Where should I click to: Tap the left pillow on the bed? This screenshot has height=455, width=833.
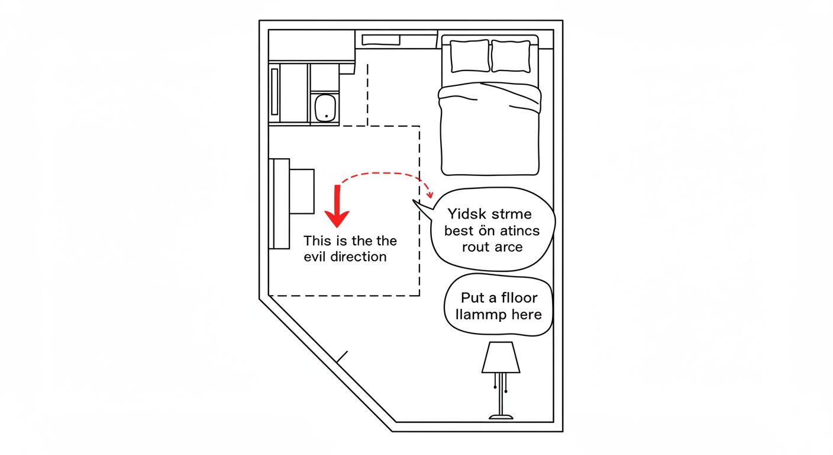tap(470, 56)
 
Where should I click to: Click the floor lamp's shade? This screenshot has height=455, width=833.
tap(501, 358)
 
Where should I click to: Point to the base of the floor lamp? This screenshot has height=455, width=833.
tap(501, 417)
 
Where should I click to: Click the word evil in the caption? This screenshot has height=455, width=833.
tap(316, 257)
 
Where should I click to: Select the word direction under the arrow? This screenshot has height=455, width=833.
tap(359, 257)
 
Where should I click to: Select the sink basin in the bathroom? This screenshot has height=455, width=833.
tap(325, 107)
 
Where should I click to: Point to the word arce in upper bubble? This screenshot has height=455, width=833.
tap(509, 246)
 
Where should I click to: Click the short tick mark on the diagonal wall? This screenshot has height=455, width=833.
tap(342, 357)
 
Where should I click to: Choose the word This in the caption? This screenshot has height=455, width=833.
tap(317, 241)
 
